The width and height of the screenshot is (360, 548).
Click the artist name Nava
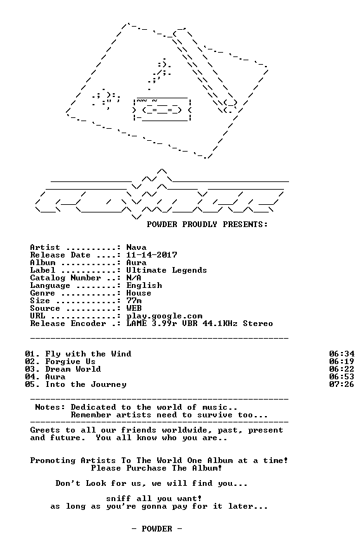click(136, 247)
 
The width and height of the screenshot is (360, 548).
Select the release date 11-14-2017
click(151, 255)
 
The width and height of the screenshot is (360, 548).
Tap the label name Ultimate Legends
click(167, 270)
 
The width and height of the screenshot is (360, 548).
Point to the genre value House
click(139, 293)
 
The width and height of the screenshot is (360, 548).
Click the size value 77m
click(134, 301)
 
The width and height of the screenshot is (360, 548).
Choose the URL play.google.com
click(164, 316)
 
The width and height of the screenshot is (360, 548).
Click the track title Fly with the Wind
click(88, 354)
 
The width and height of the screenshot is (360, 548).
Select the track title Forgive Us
click(70, 362)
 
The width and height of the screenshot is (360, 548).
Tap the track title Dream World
click(73, 369)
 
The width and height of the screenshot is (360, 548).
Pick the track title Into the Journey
click(86, 385)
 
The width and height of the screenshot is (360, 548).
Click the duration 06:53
click(342, 377)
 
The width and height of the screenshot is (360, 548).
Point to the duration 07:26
click(342, 385)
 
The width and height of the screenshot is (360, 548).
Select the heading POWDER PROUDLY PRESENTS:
click(207, 225)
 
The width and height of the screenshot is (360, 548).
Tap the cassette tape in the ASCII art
click(162, 110)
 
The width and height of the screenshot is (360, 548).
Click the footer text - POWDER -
click(157, 529)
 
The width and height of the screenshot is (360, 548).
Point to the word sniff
click(119, 499)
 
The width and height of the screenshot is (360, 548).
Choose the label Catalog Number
click(65, 278)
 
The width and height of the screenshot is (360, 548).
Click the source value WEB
click(134, 309)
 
